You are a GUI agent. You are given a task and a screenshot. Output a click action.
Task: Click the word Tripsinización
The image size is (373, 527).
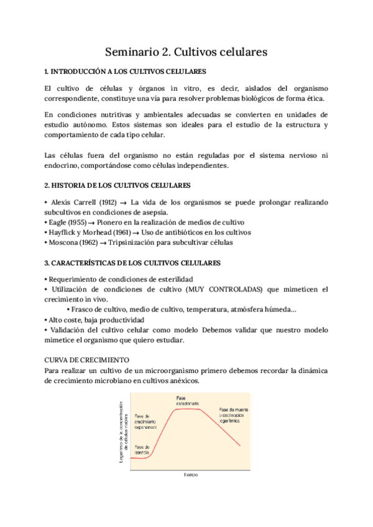pos(155,243)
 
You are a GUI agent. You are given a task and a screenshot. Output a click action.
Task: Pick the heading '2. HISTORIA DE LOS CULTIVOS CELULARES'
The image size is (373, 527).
pos(117,186)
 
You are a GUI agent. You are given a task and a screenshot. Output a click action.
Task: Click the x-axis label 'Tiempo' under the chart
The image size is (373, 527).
pos(190,475)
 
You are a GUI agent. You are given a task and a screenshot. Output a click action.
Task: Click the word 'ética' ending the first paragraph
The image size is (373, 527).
pos(313,99)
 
